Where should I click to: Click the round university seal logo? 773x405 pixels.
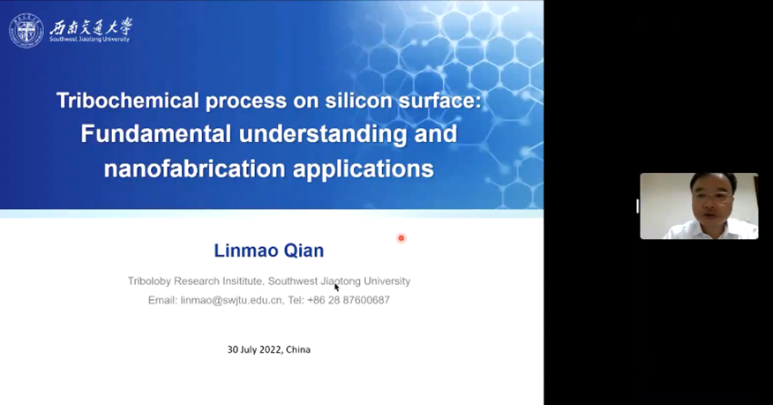pyautogui.click(x=26, y=31)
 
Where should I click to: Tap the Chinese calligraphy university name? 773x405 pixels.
pyautogui.click(x=91, y=26)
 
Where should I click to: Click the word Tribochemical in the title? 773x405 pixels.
pyautogui.click(x=128, y=101)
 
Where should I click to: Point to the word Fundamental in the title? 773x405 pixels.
pyautogui.click(x=156, y=133)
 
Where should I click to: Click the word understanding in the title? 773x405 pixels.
pyautogui.click(x=323, y=134)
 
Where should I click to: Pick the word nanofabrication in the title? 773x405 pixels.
pyautogui.click(x=195, y=169)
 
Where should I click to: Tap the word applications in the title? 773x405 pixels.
pyautogui.click(x=364, y=169)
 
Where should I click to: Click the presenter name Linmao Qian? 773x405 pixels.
pyautogui.click(x=268, y=251)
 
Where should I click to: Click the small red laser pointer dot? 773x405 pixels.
pyautogui.click(x=402, y=238)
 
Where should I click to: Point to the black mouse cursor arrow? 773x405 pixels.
pyautogui.click(x=336, y=288)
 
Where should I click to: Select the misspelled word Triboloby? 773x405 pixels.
pyautogui.click(x=149, y=281)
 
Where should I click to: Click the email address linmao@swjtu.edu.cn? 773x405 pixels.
pyautogui.click(x=231, y=300)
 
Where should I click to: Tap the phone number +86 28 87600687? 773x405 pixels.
pyautogui.click(x=349, y=300)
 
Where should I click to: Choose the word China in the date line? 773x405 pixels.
pyautogui.click(x=298, y=349)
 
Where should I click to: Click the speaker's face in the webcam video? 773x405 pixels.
pyautogui.click(x=711, y=199)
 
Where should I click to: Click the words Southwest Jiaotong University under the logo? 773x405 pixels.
pyautogui.click(x=89, y=40)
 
